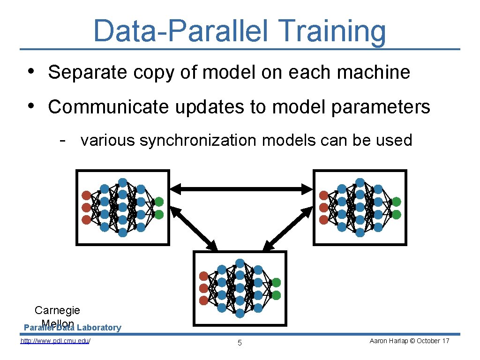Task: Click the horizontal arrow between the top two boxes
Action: coord(241,189)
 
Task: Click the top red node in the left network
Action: coord(86,195)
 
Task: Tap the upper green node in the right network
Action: coord(397,202)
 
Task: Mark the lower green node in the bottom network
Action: coord(276,295)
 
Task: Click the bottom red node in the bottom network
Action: coord(203,300)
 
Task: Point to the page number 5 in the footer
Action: coord(240,343)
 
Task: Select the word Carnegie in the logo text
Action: coord(57,310)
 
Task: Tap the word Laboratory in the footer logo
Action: coord(99,328)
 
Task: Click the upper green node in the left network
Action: coord(159,202)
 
